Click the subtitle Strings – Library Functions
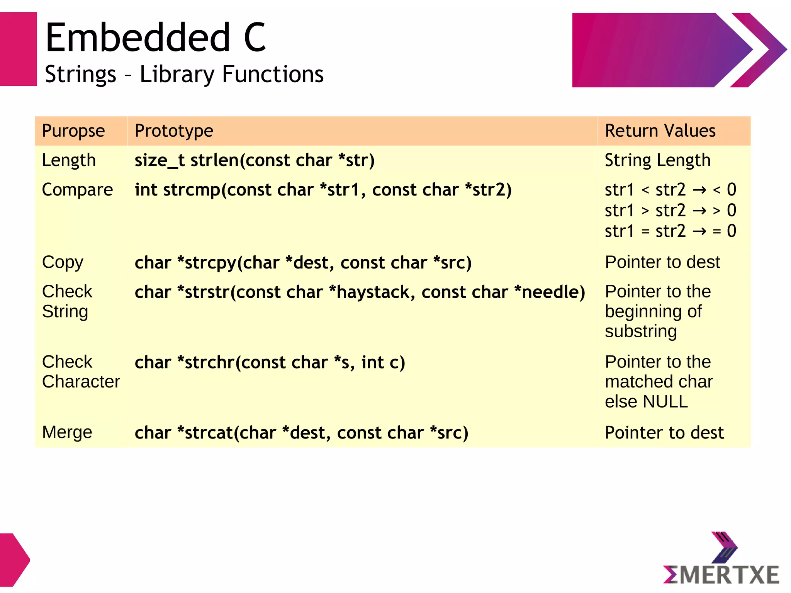click(x=184, y=74)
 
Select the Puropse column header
click(x=73, y=131)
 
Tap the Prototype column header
click(x=174, y=131)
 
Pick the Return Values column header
click(x=660, y=131)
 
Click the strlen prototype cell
click(x=254, y=160)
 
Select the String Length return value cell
click(x=657, y=160)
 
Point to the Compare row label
click(x=77, y=190)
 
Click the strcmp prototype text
click(x=323, y=190)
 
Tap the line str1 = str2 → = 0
click(x=670, y=231)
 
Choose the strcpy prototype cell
click(x=303, y=263)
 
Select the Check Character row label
click(x=81, y=372)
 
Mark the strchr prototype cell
click(x=270, y=363)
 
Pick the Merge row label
click(x=67, y=432)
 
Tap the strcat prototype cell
click(x=301, y=433)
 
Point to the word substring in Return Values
click(x=641, y=331)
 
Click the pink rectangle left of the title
click(x=18, y=49)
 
